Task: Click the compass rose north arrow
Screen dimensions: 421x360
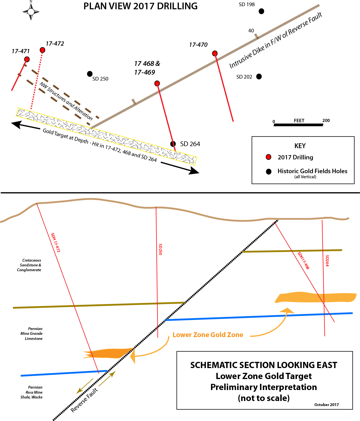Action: click(x=31, y=11)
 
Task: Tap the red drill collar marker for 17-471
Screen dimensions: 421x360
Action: click(x=27, y=59)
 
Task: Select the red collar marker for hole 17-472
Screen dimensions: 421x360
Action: click(x=43, y=50)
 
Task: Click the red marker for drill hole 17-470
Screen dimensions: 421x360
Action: click(x=215, y=53)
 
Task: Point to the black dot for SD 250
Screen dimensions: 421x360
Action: click(x=90, y=74)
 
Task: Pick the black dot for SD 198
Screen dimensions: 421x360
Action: click(x=261, y=11)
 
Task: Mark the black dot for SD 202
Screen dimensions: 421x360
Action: click(x=259, y=76)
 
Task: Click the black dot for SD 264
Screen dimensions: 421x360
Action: click(x=173, y=144)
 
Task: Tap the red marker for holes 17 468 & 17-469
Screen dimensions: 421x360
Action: click(x=157, y=83)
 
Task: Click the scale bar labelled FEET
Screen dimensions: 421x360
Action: click(x=298, y=124)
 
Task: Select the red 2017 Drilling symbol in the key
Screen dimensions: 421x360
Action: click(x=269, y=157)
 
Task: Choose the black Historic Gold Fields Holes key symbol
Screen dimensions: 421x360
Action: click(x=269, y=171)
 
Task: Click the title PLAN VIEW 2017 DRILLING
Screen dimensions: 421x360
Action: click(x=141, y=6)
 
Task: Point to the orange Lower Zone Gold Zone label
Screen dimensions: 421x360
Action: click(x=208, y=335)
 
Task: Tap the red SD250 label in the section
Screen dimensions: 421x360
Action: click(x=161, y=250)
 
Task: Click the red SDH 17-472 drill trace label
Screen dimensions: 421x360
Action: click(x=55, y=242)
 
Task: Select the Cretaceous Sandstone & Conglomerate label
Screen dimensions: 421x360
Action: click(x=29, y=265)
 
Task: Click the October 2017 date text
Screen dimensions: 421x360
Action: click(x=326, y=405)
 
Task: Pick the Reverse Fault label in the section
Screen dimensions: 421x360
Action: click(x=84, y=400)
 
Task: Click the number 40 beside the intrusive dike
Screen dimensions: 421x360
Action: click(x=251, y=31)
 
